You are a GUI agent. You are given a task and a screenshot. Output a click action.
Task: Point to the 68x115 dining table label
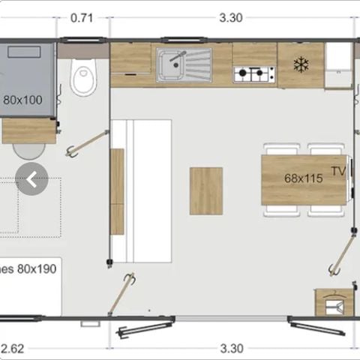[x=302, y=178]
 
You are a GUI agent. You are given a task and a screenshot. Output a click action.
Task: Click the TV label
[x=338, y=172]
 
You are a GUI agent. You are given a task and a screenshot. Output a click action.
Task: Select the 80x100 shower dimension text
[x=22, y=99]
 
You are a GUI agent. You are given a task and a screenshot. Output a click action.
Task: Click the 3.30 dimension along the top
[x=232, y=18]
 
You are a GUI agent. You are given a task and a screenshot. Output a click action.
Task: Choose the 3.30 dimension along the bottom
[x=232, y=348]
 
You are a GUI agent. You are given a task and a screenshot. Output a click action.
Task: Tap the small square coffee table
[x=206, y=190]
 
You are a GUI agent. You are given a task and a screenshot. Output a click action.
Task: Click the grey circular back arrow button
[x=31, y=178]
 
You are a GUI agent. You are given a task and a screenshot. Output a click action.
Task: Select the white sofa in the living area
[x=142, y=190]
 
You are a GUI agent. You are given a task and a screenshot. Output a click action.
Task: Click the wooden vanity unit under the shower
[x=28, y=130]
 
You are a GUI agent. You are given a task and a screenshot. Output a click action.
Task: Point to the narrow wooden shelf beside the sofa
[x=117, y=190]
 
